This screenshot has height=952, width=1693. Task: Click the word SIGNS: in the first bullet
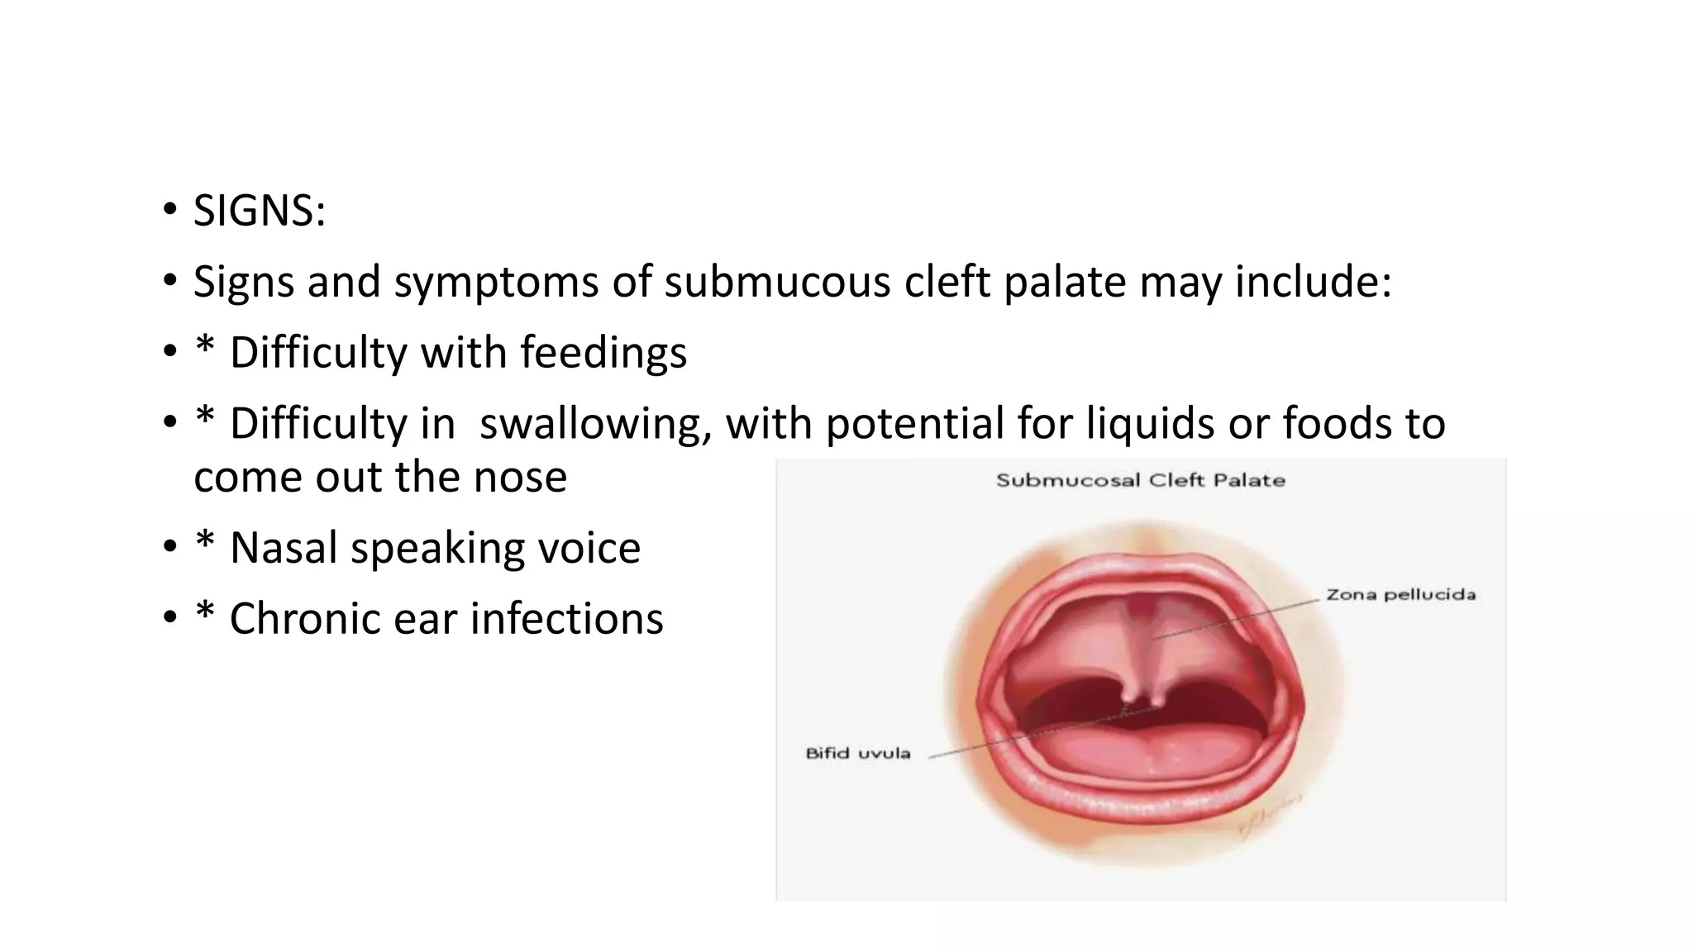[260, 211]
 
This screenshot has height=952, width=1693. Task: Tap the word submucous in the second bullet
[777, 282]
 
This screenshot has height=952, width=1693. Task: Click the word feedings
[603, 353]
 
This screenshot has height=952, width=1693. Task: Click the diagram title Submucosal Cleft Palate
[1141, 480]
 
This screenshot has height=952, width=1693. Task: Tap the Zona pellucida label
[1400, 594]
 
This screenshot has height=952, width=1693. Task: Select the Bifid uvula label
[858, 753]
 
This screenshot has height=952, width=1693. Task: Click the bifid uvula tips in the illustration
[1141, 702]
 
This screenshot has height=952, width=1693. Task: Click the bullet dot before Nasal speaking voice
[170, 547]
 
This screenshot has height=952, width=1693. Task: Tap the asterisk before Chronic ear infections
[204, 612]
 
